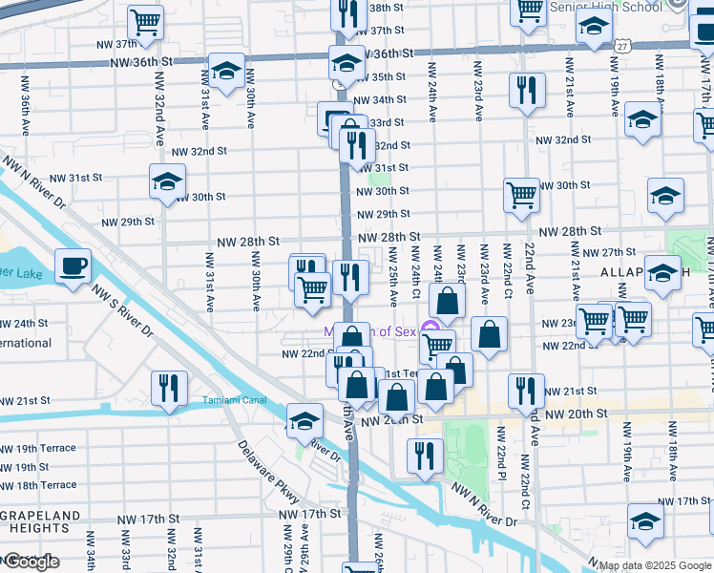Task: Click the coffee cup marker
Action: click(x=73, y=265)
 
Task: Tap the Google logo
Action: click(x=31, y=562)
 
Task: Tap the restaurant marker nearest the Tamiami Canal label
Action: click(x=169, y=389)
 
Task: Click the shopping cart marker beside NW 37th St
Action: click(x=144, y=21)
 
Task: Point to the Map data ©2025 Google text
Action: click(x=654, y=565)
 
